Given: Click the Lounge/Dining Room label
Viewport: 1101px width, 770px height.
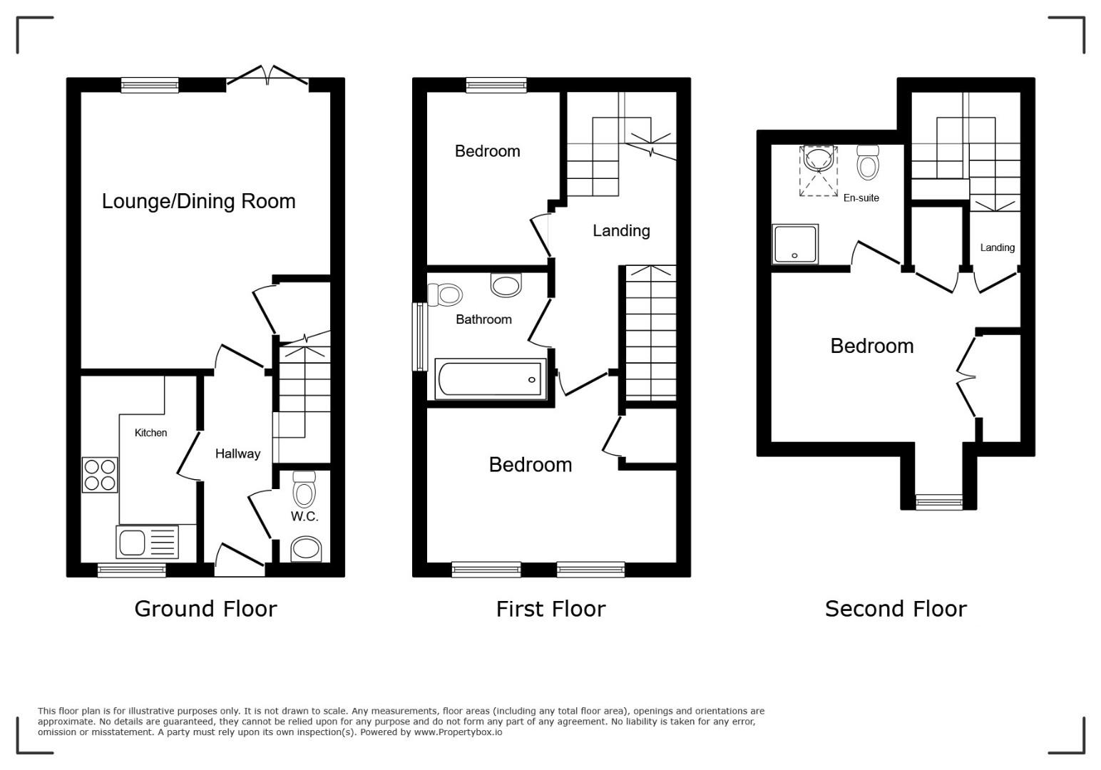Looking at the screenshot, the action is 198,202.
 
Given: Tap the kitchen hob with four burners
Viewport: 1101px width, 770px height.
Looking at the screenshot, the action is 100,475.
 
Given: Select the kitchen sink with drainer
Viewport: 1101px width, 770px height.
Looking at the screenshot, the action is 148,542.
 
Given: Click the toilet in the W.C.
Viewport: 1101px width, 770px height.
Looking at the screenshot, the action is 304,489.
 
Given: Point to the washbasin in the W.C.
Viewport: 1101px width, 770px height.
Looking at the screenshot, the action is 306,548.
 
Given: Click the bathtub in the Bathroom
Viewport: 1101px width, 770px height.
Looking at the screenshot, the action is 491,379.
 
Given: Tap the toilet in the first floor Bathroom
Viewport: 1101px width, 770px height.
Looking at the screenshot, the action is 445,295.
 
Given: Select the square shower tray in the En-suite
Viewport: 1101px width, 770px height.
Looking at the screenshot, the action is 795,245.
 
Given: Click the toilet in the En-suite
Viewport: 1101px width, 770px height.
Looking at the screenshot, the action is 868,163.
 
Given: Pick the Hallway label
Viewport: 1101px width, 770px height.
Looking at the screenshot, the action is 238,453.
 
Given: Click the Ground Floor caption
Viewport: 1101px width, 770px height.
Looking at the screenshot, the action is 205,609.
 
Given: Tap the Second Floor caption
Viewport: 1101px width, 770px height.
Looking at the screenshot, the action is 896,609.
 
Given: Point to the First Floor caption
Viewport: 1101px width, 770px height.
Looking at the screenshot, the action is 550,609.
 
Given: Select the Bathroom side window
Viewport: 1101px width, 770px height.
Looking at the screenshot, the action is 420,337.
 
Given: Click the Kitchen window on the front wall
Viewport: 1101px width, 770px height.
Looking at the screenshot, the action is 132,570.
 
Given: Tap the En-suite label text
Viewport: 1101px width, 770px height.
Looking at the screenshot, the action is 861,198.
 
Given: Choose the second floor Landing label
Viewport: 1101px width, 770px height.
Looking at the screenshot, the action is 998,247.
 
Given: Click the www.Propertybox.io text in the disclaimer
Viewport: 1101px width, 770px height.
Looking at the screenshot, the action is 458,732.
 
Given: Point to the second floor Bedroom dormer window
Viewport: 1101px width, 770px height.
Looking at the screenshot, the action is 939,502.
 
